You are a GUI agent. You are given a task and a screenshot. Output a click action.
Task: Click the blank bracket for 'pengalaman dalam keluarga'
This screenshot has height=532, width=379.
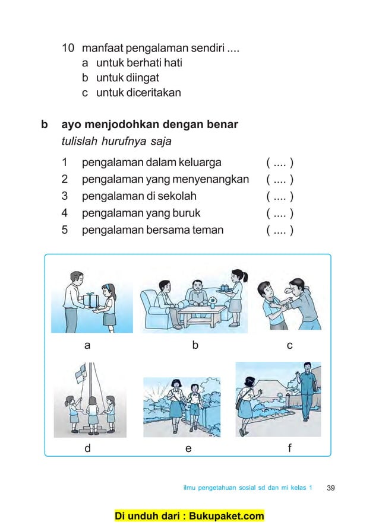[280, 162]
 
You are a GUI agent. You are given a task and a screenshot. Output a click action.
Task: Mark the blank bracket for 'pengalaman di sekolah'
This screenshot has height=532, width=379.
[280, 196]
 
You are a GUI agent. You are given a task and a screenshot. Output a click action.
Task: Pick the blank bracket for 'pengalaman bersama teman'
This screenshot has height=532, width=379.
[280, 230]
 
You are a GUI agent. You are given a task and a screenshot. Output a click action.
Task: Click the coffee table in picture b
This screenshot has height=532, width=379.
[202, 312]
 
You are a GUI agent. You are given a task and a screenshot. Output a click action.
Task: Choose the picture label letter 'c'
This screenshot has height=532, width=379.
[289, 345]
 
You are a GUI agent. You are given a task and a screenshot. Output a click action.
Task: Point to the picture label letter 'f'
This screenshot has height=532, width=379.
[289, 448]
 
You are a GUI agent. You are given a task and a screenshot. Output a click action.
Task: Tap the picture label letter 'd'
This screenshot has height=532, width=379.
[87, 448]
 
